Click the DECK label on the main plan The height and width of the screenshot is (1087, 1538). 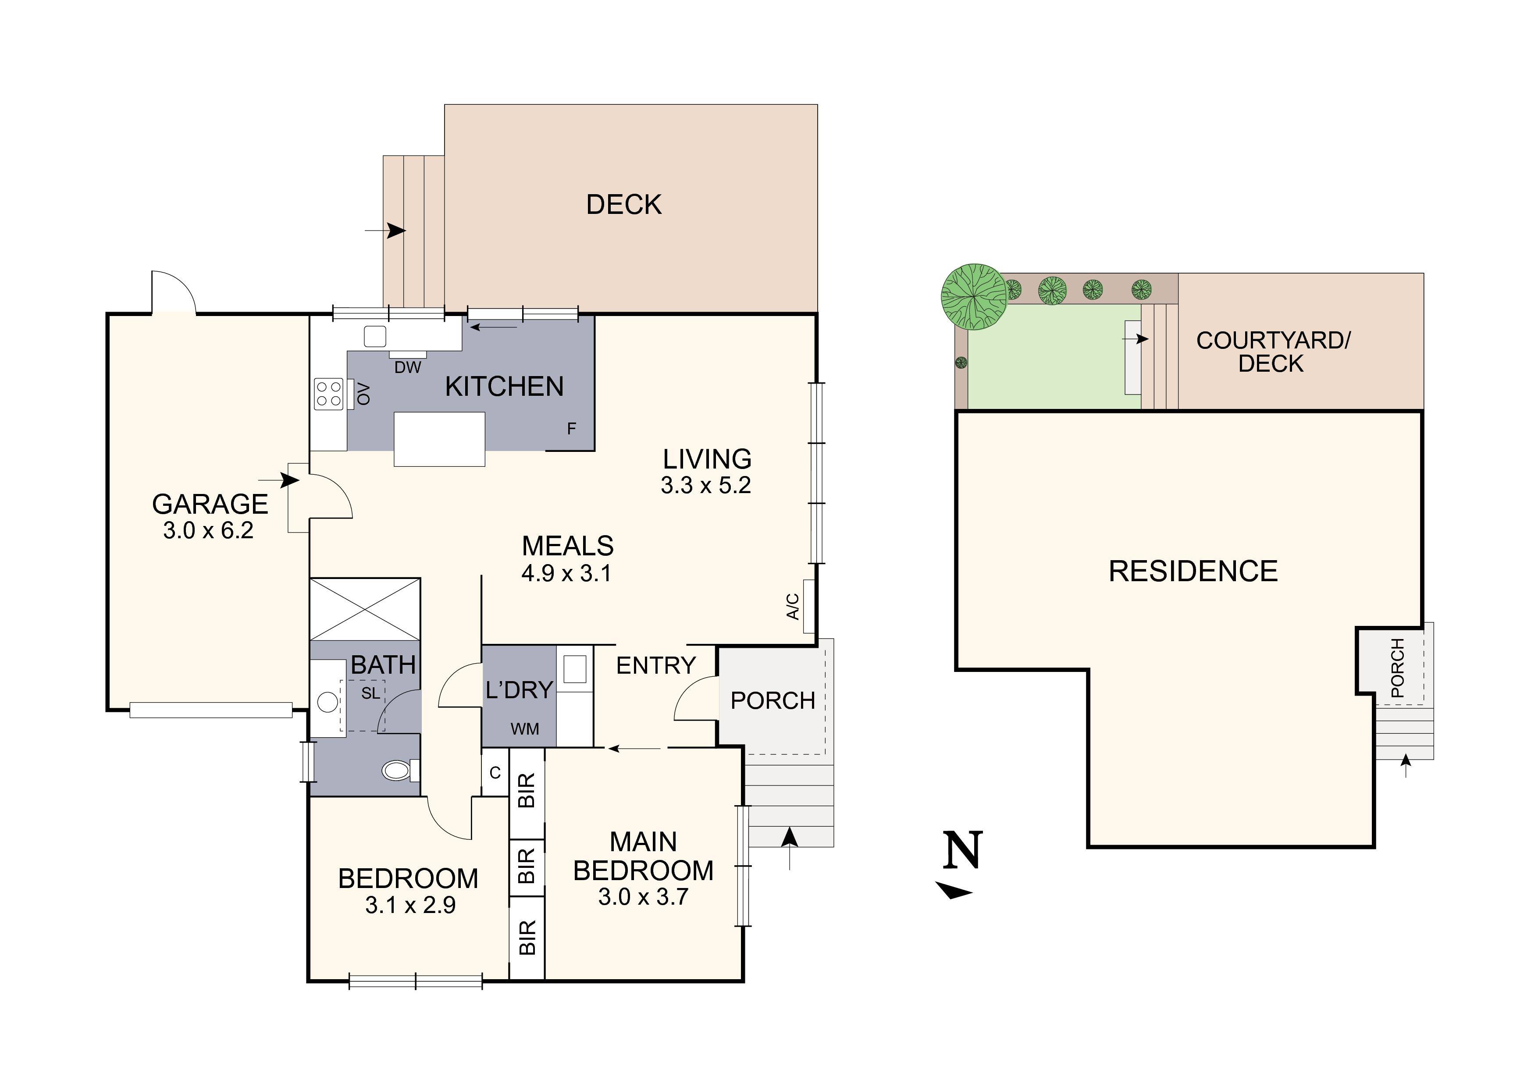click(x=623, y=204)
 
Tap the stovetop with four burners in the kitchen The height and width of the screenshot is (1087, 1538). click(x=328, y=394)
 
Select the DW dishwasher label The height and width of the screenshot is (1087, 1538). click(x=407, y=367)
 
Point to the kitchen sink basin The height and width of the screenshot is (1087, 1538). click(x=375, y=336)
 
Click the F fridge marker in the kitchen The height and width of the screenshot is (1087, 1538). click(x=571, y=429)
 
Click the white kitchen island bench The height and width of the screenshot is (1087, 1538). click(x=439, y=439)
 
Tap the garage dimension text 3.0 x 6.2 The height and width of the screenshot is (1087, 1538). click(x=208, y=530)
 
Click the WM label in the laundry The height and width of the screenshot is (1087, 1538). click(x=524, y=729)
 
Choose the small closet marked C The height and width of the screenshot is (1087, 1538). click(x=495, y=773)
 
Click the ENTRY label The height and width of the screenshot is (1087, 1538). click(x=656, y=666)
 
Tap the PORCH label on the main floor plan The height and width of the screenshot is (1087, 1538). click(x=773, y=700)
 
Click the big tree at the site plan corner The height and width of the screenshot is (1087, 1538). click(x=975, y=297)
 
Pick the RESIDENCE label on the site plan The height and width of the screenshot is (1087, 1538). click(x=1193, y=571)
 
